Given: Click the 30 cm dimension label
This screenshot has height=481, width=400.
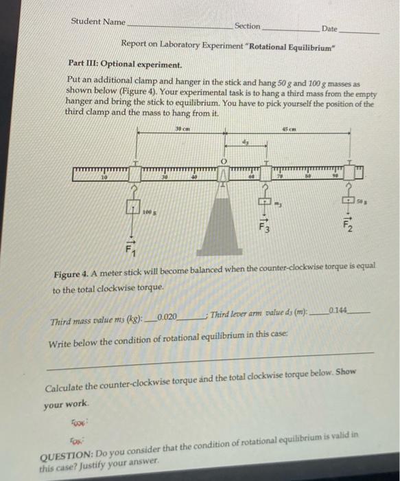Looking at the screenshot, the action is (180, 130).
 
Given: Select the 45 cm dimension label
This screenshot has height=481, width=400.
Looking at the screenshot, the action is (288, 130).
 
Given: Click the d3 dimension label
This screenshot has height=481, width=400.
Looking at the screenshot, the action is (244, 142).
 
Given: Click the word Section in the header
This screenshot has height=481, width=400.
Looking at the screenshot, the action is (248, 25).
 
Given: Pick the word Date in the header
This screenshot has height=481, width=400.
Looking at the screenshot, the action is (329, 29).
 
